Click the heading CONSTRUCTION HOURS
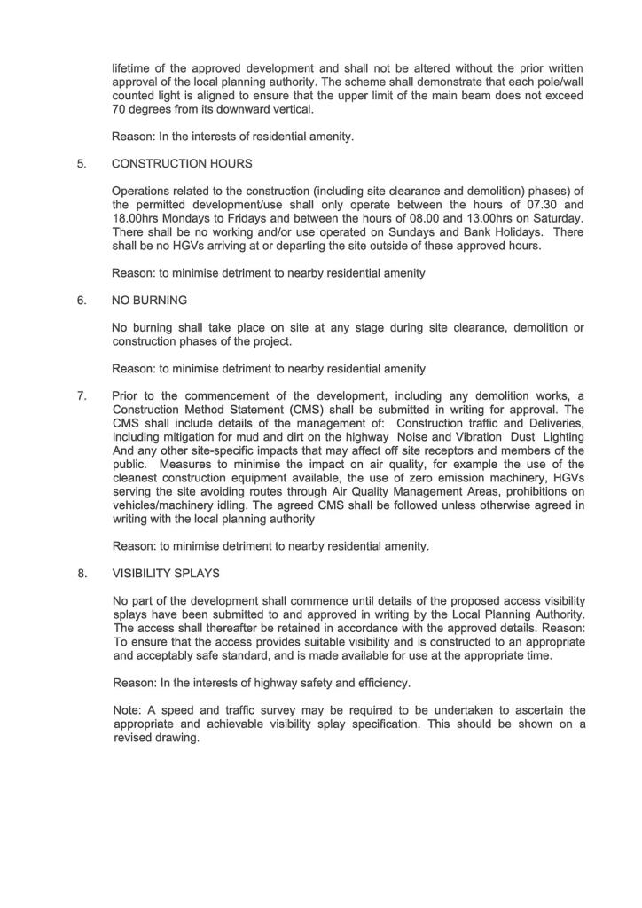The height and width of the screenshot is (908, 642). point(182,164)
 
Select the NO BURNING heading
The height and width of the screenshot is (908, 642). point(149,301)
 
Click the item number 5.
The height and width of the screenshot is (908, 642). point(82,164)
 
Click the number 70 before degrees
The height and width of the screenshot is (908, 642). point(121,110)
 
